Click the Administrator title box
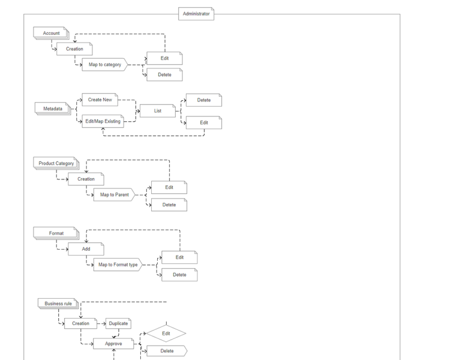(196, 14)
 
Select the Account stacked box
(51, 34)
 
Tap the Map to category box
(104, 65)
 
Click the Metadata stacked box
(53, 109)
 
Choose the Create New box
(100, 100)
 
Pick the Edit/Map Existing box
(103, 121)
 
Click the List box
(157, 111)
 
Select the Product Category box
(56, 163)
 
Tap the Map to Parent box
(114, 195)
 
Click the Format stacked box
(56, 233)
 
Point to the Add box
(86, 249)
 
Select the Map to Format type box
(118, 265)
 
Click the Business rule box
(58, 304)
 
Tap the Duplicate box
(118, 323)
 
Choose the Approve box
(113, 344)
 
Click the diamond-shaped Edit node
(166, 334)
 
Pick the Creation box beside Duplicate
(80, 323)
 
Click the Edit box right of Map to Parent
(169, 188)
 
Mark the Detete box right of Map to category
(164, 75)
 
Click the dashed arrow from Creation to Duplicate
(101, 323)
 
